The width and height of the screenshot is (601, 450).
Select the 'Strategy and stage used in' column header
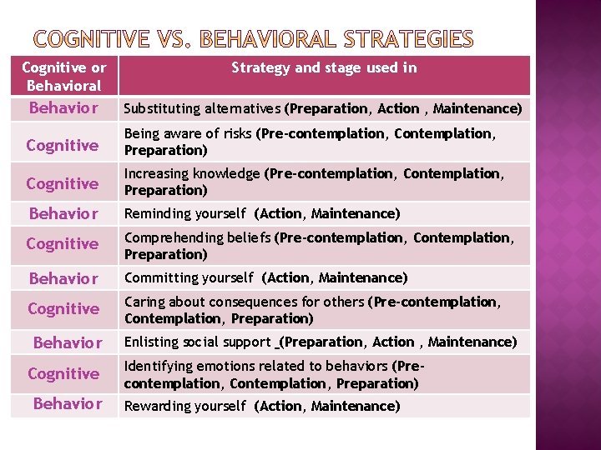click(324, 67)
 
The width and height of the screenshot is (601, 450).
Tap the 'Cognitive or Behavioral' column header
click(64, 76)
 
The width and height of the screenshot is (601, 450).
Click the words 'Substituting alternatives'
click(203, 108)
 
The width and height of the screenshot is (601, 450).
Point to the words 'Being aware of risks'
click(189, 133)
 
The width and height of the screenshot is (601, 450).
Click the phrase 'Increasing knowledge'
click(193, 173)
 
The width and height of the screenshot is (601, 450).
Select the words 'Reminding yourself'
click(185, 214)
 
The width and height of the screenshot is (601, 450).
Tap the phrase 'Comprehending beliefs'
click(197, 237)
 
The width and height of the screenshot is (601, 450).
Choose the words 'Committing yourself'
click(189, 277)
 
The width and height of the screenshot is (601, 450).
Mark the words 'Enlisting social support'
click(198, 342)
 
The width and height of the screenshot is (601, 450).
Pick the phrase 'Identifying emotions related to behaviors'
click(256, 366)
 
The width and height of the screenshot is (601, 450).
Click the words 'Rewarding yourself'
click(185, 406)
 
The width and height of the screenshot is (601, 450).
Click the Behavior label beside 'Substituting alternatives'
click(63, 108)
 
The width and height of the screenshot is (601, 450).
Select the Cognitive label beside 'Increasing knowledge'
click(63, 183)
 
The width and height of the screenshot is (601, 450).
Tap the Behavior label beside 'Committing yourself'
click(63, 278)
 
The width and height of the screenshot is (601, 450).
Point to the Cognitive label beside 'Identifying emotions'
click(63, 373)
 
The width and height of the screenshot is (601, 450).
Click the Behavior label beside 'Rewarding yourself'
click(67, 404)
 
